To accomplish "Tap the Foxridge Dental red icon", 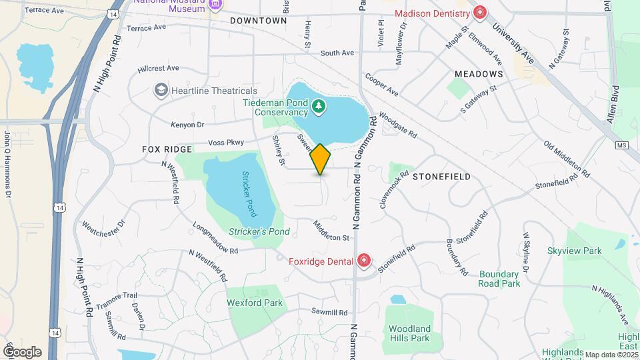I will pos(364,261).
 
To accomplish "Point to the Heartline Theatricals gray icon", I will pos(160,90).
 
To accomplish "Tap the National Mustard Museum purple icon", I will pos(215,4).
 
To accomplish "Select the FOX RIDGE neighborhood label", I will pos(167,149).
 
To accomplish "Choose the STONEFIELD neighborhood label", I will pos(441,177).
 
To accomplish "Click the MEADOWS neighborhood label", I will pos(478,73).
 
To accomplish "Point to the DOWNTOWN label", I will pos(259,21).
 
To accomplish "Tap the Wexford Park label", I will pos(255,303).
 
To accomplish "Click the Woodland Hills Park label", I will pos(409,333).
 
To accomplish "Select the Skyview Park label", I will pos(574,251).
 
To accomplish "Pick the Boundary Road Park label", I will pos(499,279).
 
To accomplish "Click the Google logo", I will pos(22,351).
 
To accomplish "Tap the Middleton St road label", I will pos(331,233).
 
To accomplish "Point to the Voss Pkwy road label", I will pos(226,142).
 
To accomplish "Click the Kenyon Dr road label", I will pos(187,125).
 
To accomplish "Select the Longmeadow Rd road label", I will pos(215,239).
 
